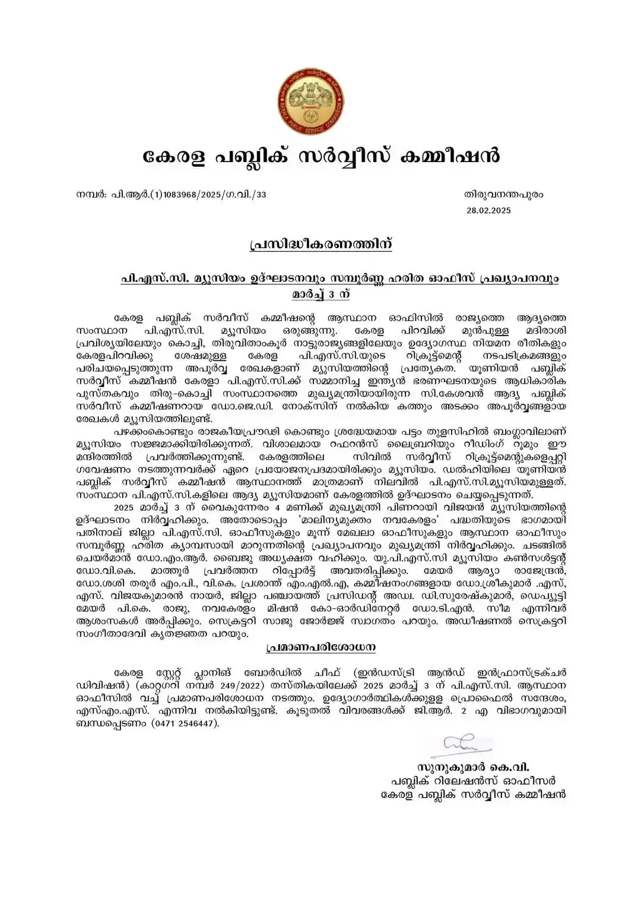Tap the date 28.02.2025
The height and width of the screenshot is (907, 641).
tap(488, 210)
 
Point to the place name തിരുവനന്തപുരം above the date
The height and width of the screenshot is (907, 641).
tap(503, 195)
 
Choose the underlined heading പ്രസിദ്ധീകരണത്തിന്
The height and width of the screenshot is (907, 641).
tap(320, 245)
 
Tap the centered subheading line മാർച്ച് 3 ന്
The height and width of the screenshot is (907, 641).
tap(320, 294)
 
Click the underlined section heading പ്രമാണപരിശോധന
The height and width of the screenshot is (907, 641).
tap(320, 647)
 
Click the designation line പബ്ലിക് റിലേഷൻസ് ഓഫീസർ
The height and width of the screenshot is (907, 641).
tap(472, 781)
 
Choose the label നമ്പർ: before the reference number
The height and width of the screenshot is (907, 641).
tap(91, 195)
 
